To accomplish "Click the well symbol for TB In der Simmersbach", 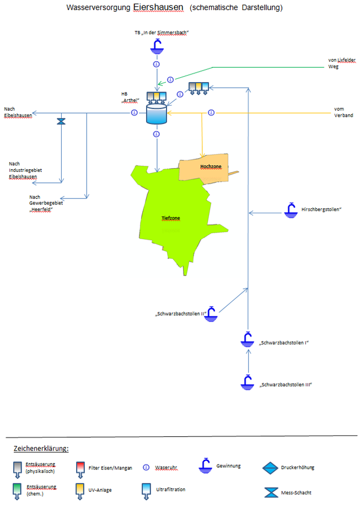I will pos(157,47).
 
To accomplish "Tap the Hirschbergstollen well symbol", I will pos(290,209).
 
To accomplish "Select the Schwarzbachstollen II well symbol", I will pos(212,313).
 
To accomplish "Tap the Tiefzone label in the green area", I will pos(170,218).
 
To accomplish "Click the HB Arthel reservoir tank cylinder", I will pos(157,115).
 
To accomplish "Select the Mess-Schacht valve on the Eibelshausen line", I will pos(61,121).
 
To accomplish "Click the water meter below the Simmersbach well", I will pos(157,64).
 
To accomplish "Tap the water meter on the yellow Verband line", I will pos(211,113).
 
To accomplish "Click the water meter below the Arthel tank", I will pos(157,134).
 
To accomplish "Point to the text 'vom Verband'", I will pos(343,112).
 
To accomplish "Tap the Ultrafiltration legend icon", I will pos(146,490).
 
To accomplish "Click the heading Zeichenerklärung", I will pos(41,448).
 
